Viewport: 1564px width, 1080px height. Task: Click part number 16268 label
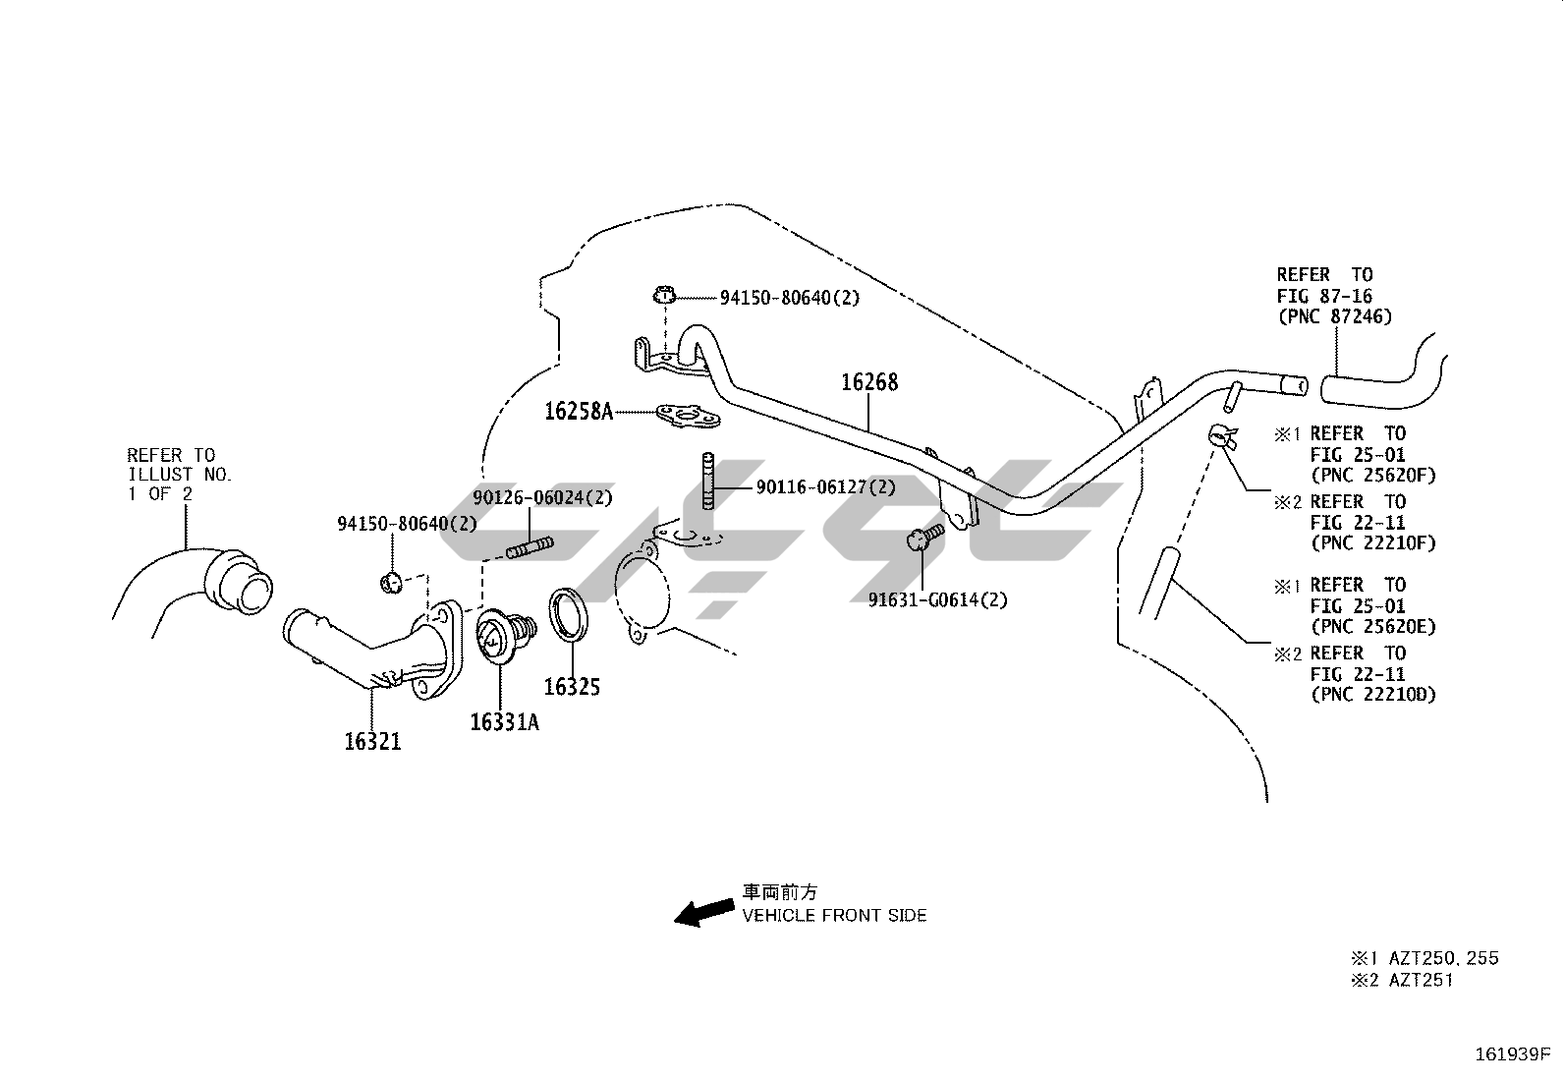(869, 382)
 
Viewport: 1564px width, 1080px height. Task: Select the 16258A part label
(579, 411)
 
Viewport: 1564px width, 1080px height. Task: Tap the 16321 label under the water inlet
(372, 741)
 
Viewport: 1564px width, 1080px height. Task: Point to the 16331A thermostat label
(504, 722)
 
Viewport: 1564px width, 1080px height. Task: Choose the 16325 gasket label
(572, 687)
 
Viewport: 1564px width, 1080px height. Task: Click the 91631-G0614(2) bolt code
(937, 599)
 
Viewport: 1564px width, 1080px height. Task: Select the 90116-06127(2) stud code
(826, 486)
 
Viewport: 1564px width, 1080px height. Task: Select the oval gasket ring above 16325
(570, 614)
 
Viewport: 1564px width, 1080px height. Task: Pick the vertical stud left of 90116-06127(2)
(707, 481)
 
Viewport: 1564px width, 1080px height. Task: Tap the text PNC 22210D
(1372, 695)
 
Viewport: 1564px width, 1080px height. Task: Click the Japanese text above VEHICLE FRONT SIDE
(779, 892)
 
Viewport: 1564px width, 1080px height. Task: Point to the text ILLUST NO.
(180, 475)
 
